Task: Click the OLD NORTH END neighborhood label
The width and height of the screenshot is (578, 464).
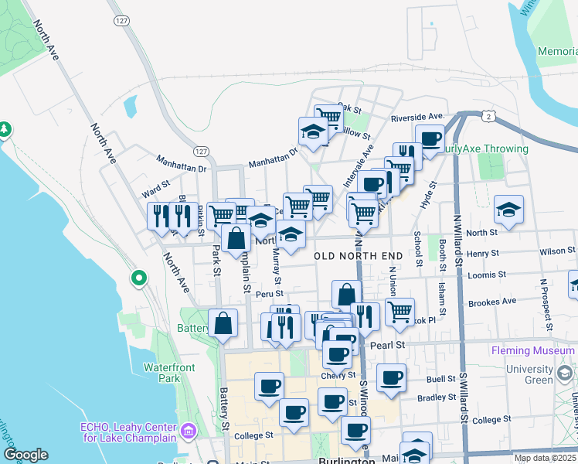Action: [x=358, y=255]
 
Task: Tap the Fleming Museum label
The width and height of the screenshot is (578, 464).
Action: [x=534, y=350]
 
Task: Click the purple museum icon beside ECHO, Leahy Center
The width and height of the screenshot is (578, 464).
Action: [x=187, y=430]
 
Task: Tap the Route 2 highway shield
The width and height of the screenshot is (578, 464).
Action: [x=489, y=114]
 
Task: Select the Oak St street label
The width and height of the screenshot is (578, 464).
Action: [x=350, y=107]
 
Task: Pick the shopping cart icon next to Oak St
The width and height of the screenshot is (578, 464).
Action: [x=328, y=118]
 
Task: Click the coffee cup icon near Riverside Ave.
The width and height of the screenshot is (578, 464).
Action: [x=430, y=138]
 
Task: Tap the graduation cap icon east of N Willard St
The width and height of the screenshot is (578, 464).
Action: [x=508, y=210]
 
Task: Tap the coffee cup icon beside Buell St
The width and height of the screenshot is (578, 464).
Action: [x=391, y=377]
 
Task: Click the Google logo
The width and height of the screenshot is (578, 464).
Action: [x=25, y=455]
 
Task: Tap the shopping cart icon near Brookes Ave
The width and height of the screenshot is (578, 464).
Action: [x=399, y=312]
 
